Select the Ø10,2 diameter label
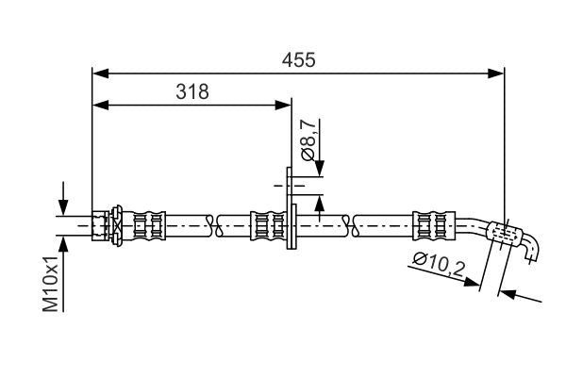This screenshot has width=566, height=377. pyautogui.click(x=439, y=269)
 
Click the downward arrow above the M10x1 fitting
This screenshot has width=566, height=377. pyautogui.click(x=63, y=206)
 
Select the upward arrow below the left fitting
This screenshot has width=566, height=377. pyautogui.click(x=63, y=244)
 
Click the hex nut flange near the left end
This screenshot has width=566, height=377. pyautogui.click(x=117, y=226)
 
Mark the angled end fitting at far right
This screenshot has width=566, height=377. pyautogui.click(x=514, y=237)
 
